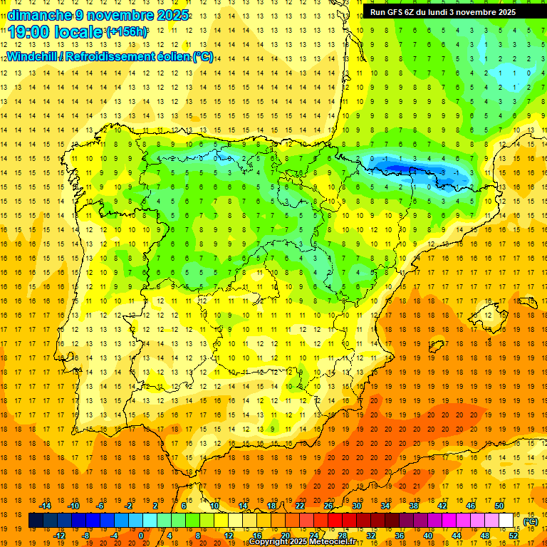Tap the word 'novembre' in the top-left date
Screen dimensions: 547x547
pyautogui.click(x=120, y=15)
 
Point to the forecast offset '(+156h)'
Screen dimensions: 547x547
pyautogui.click(x=127, y=32)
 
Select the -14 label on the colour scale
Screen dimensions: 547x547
pyautogui.click(x=46, y=506)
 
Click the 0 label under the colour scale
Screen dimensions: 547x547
pyautogui.click(x=141, y=536)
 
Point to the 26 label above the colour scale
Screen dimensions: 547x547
pyautogui.click(x=328, y=506)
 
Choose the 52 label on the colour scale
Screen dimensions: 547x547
pyautogui.click(x=513, y=536)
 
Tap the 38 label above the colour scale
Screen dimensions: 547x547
pyautogui.click(x=413, y=506)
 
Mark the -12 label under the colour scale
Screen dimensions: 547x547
pyautogui.click(x=59, y=536)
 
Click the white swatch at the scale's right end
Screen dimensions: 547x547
pyautogui.click(x=506, y=521)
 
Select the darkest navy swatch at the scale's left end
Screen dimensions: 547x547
pyautogui.click(x=36, y=521)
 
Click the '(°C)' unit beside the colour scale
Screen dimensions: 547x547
pyautogui.click(x=530, y=521)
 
